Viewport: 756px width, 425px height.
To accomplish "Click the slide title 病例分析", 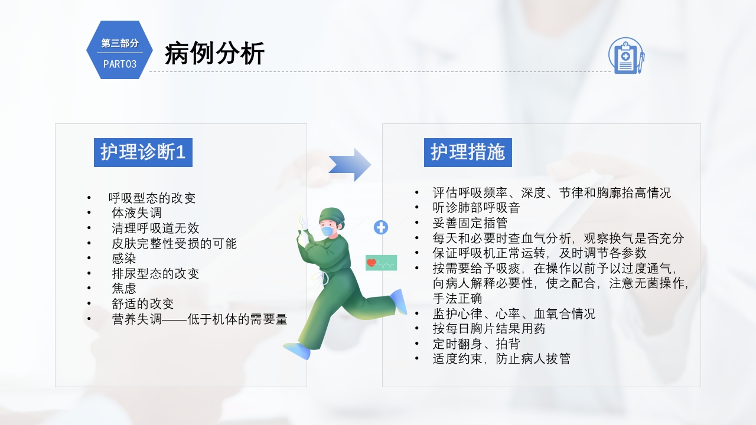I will [x=215, y=54].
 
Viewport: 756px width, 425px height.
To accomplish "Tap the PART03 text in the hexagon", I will [x=120, y=64].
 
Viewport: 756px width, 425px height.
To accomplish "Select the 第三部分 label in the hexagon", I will [x=120, y=43].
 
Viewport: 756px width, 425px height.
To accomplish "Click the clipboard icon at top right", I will [x=626, y=55].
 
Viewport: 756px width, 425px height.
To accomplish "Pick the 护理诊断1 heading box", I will [x=143, y=152].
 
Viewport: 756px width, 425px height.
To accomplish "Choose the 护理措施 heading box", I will [x=468, y=152].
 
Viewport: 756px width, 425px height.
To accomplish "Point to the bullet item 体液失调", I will [x=137, y=213].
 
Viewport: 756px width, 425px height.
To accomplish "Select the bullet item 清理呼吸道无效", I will [x=156, y=228].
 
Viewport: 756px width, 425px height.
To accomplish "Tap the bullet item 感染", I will [x=124, y=258].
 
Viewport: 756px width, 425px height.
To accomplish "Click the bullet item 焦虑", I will [x=124, y=289].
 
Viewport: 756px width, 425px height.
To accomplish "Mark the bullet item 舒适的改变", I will [x=143, y=304].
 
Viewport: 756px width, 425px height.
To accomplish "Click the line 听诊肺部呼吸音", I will [x=476, y=208].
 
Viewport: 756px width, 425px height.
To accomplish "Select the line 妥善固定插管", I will [x=470, y=223].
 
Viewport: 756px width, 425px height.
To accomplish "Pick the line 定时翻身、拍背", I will [x=476, y=344].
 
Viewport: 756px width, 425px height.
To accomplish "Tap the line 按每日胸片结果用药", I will [x=488, y=328].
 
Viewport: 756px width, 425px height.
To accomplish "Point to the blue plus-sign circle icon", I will [x=381, y=227].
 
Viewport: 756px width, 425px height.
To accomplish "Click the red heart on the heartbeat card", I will [x=372, y=263].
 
